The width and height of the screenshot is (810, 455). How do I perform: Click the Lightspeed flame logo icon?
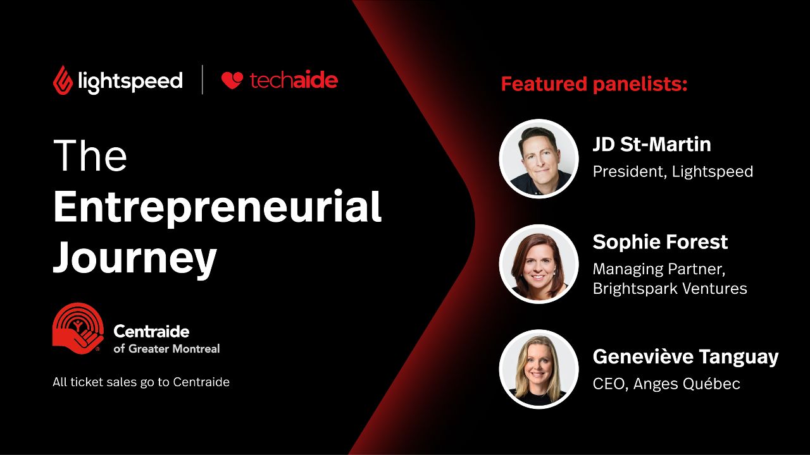coord(63,80)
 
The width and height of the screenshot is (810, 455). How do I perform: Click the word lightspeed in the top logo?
coord(130,82)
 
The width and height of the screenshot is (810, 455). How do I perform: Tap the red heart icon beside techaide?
coord(232,80)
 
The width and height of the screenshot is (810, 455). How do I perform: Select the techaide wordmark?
coord(294,80)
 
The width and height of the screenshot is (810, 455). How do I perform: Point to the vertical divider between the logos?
coord(202,80)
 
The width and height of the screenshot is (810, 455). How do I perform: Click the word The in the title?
coord(90,155)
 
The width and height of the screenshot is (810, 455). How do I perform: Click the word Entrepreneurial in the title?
coord(217,207)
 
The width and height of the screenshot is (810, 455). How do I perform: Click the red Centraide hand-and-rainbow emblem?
coord(78,328)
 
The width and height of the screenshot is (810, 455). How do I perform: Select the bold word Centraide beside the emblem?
coord(151,331)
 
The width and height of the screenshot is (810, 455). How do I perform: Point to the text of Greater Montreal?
coord(166,348)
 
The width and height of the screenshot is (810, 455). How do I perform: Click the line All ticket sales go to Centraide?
coord(141,382)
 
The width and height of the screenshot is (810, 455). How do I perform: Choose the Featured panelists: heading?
coord(594,85)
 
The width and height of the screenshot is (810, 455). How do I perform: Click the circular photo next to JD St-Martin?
coord(539,159)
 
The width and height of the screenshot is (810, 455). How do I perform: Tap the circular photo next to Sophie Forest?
coord(539,264)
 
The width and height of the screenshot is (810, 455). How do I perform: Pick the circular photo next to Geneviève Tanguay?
coord(539,369)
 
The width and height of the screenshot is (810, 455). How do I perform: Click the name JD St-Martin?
coord(652,144)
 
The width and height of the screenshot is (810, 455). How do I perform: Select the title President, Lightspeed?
coord(673,171)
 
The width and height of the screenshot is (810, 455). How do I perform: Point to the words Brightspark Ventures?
coord(670,289)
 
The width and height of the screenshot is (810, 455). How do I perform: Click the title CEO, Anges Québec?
coord(666,384)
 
